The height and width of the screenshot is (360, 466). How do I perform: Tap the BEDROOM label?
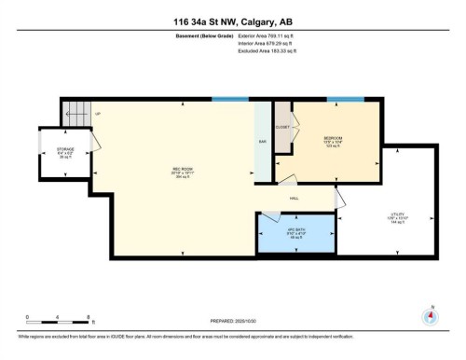tap(335, 138)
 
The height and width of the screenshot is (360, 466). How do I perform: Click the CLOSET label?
tap(282, 127)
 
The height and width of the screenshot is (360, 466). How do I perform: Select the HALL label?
tap(293, 198)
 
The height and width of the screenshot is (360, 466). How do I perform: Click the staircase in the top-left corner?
tap(75, 113)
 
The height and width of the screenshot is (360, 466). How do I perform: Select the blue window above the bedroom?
tap(345, 99)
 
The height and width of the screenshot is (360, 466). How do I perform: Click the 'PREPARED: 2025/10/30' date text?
tap(232, 317)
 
